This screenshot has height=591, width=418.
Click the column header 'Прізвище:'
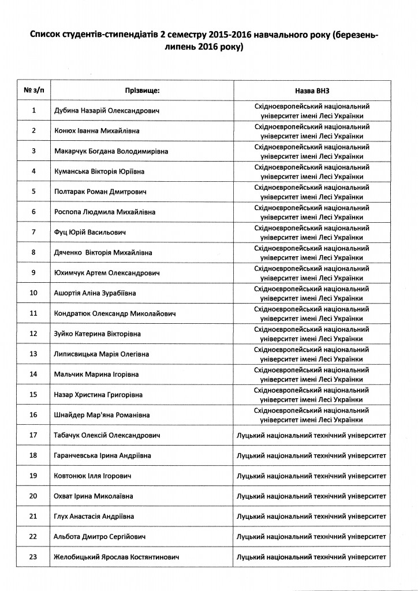(142, 91)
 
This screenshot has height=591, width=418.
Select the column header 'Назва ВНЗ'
(311, 91)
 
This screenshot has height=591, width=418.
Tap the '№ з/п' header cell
(34, 91)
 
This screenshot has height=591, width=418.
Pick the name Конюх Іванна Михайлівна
(96, 131)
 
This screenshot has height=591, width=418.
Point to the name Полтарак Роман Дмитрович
(101, 192)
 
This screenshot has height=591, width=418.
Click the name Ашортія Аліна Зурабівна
(95, 293)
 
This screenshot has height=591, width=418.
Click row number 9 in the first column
(34, 272)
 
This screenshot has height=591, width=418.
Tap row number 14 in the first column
(34, 375)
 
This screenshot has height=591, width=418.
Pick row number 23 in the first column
(34, 558)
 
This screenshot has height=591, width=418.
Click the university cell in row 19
(311, 476)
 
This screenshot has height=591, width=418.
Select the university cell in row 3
(311, 151)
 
